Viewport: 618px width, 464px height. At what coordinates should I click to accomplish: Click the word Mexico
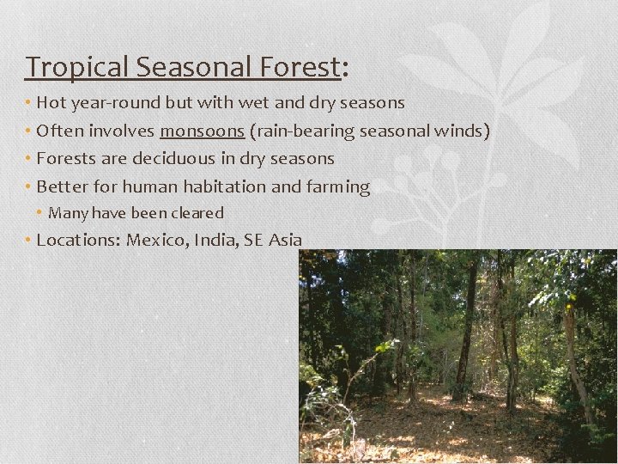(157, 240)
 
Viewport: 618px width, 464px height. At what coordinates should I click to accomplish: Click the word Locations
(79, 240)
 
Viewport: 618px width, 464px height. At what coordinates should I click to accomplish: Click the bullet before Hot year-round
(28, 103)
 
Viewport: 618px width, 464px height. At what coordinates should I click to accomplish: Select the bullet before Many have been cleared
(40, 213)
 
